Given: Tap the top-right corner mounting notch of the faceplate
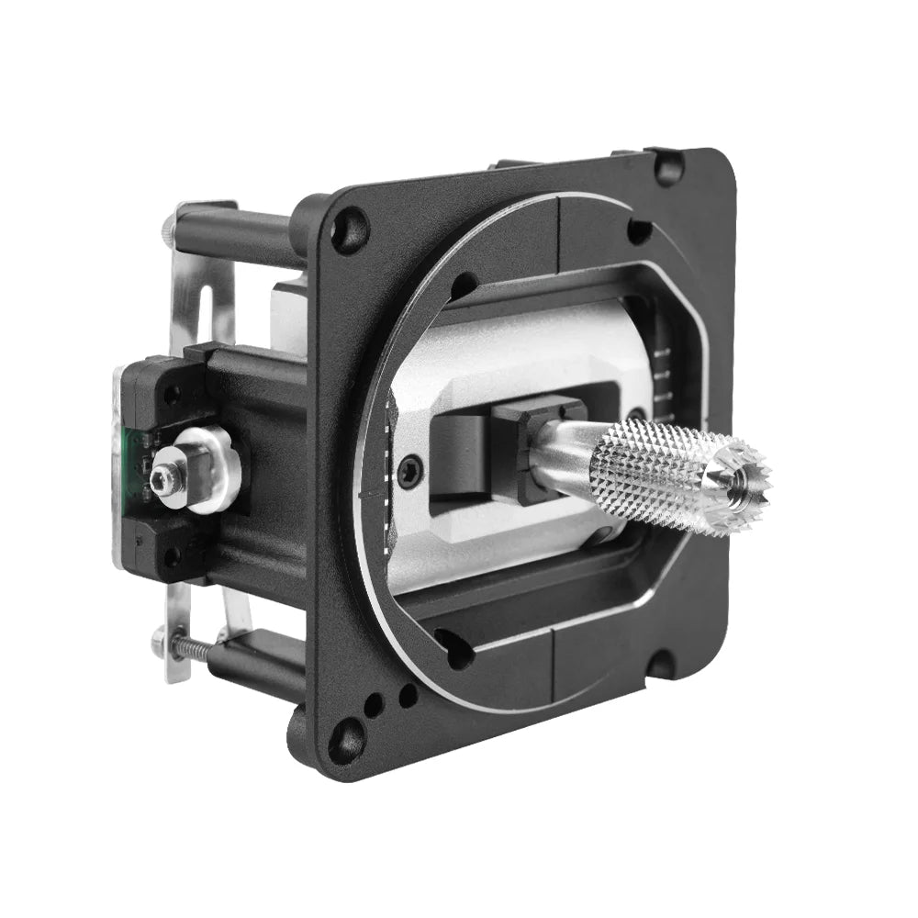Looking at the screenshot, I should (667, 167).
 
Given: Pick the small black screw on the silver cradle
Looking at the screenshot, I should (410, 467).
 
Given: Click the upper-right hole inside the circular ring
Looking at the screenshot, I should (638, 231).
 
